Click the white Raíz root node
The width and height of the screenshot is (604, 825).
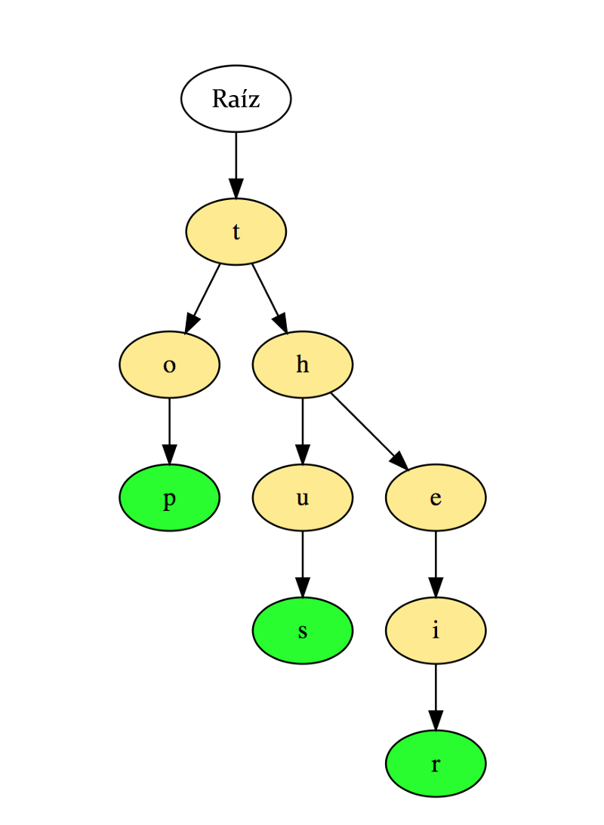(x=236, y=99)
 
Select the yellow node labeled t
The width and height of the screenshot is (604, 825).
(x=236, y=232)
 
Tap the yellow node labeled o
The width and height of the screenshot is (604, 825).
(x=169, y=365)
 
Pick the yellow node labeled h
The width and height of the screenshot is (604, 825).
(x=302, y=365)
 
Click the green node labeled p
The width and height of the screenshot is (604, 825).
(x=169, y=498)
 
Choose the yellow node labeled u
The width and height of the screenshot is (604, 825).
(x=302, y=498)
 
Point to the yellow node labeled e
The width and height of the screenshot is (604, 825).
(x=436, y=498)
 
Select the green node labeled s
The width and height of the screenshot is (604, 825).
(x=302, y=631)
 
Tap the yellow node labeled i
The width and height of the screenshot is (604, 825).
(x=436, y=631)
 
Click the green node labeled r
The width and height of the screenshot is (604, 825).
(x=436, y=764)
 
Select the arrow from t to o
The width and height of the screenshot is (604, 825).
(x=202, y=298)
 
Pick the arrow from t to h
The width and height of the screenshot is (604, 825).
(x=269, y=298)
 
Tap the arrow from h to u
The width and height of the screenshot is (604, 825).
(x=302, y=431)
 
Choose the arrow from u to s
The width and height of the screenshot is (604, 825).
(x=302, y=565)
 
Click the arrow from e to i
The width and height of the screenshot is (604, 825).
(x=436, y=565)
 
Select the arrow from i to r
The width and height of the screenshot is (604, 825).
(x=436, y=697)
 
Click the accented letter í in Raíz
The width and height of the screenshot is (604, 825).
(x=243, y=99)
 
